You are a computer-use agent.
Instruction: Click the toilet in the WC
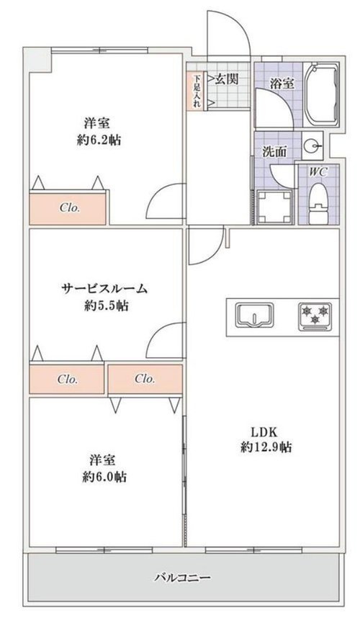(318, 204)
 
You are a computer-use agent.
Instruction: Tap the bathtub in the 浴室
(322, 95)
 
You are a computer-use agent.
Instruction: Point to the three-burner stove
(315, 316)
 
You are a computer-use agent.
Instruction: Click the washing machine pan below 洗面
(274, 207)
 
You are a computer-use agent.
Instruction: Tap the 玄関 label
(227, 79)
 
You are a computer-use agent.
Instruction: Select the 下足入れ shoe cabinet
(197, 91)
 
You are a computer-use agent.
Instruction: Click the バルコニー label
(182, 577)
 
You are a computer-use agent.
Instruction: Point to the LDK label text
(264, 432)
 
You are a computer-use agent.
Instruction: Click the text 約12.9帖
(266, 447)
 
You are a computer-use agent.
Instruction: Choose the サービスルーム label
(104, 288)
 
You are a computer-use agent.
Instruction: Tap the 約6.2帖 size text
(99, 140)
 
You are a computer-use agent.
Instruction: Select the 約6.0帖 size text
(104, 476)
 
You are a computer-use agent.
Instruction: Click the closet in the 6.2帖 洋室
(68, 207)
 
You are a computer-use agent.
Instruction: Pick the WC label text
(318, 171)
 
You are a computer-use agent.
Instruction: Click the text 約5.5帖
(106, 306)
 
